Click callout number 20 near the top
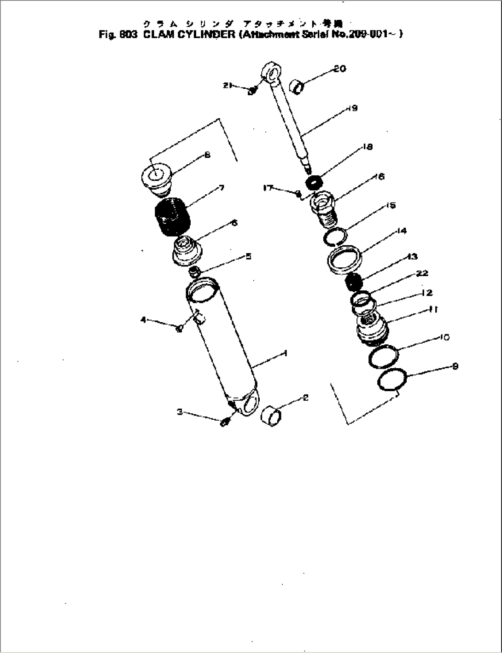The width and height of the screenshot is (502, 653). coord(340,69)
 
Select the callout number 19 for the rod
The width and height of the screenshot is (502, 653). coord(353,109)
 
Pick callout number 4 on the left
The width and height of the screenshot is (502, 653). coord(143,319)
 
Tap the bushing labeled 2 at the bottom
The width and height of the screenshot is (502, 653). coord(271,416)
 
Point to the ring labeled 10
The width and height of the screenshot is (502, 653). coord(383,356)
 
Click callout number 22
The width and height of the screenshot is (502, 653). coord(422,273)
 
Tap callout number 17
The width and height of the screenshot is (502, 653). coord(269,188)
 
